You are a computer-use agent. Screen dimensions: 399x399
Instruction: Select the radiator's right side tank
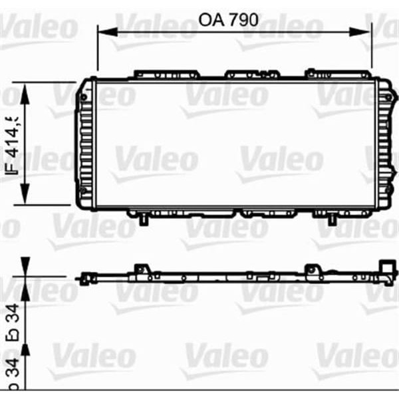[384, 144]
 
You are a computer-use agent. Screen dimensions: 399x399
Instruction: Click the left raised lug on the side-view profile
[140, 269]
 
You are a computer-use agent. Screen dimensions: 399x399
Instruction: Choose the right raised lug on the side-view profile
[310, 269]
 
